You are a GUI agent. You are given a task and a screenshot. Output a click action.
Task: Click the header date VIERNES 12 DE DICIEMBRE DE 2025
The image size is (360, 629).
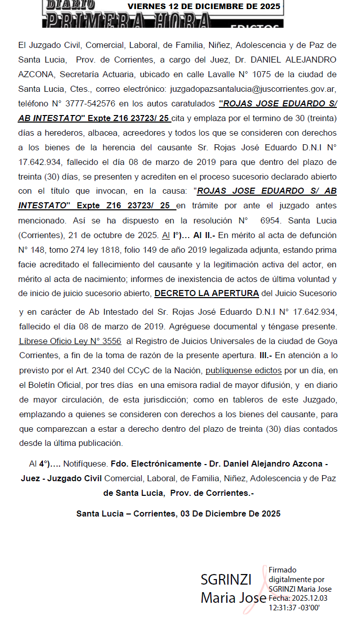[x=204, y=7]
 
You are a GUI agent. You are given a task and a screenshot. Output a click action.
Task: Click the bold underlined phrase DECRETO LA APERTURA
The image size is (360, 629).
[x=207, y=293]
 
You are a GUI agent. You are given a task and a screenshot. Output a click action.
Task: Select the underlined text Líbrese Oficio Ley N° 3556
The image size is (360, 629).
[x=70, y=341]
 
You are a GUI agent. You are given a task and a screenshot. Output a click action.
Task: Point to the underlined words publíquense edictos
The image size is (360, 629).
[x=244, y=370]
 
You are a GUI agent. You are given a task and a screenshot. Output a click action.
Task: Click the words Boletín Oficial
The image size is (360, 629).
[x=54, y=385]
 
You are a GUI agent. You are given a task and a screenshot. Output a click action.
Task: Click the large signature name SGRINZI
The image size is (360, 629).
[x=226, y=580]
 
